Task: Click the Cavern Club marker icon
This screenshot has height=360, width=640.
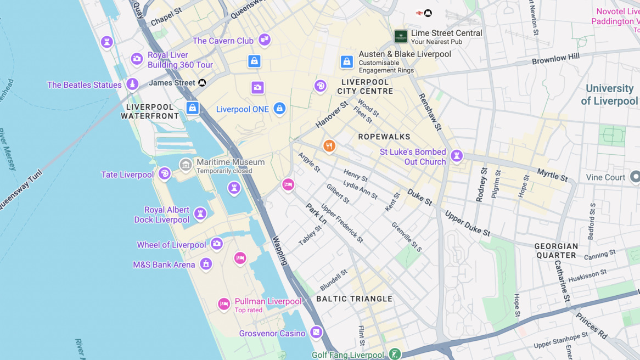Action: click(265, 40)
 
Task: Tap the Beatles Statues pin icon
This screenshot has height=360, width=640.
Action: click(132, 84)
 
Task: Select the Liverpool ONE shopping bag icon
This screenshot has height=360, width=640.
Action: click(279, 108)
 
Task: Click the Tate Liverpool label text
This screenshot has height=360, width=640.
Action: click(127, 175)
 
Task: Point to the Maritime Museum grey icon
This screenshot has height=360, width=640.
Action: click(186, 165)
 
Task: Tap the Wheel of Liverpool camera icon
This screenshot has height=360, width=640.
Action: click(217, 244)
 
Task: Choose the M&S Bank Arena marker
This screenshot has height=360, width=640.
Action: click(206, 264)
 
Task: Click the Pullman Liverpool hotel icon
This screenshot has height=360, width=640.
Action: click(223, 303)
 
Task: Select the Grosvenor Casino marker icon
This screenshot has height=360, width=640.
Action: click(316, 332)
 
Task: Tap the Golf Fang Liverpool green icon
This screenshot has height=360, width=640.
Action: click(395, 354)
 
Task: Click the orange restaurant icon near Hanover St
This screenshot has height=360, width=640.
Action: click(329, 146)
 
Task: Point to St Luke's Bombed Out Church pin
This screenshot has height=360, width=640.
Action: click(456, 156)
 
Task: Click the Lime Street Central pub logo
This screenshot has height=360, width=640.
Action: click(401, 37)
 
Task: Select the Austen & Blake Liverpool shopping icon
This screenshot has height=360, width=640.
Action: click(346, 61)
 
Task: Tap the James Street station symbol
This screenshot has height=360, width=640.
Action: click(202, 83)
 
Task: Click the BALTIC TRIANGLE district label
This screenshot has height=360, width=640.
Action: click(355, 299)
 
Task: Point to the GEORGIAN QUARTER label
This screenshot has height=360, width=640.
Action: click(556, 251)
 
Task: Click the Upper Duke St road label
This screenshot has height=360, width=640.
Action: click(467, 223)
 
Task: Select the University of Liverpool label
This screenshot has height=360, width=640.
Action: click(609, 94)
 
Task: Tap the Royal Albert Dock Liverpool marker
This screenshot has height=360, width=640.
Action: click(200, 213)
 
